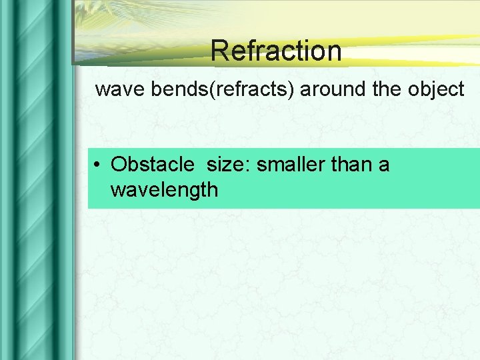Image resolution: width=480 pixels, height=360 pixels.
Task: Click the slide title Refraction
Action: click(x=276, y=51)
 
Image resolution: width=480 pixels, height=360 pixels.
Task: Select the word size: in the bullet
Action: click(x=229, y=163)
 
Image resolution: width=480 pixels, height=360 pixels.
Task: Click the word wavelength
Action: click(x=164, y=190)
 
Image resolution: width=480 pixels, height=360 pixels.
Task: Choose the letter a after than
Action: click(x=384, y=165)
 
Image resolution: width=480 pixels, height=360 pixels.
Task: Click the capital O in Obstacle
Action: click(x=119, y=163)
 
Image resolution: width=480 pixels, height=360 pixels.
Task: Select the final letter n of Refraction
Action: click(x=333, y=53)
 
